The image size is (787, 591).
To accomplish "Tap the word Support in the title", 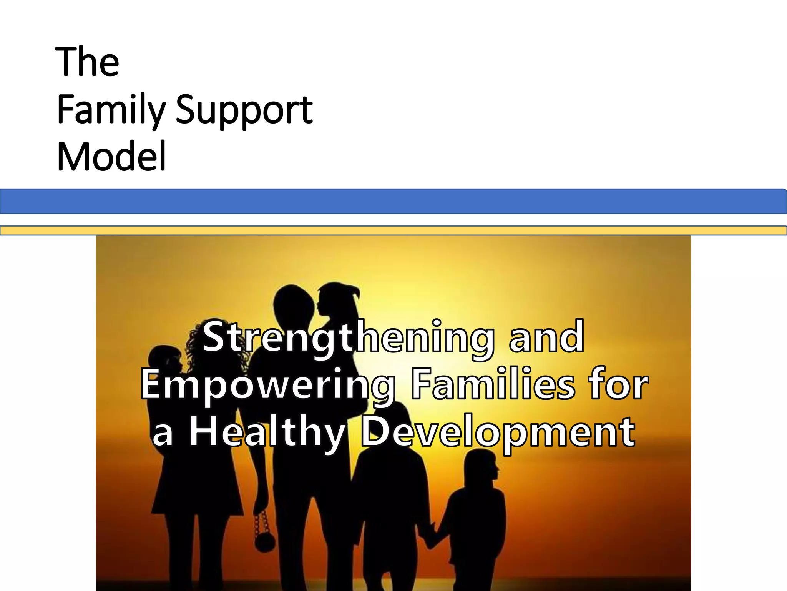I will pos(244,110).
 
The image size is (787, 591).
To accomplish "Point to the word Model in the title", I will pos(111,157).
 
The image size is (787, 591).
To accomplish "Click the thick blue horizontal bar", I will pos(393,201).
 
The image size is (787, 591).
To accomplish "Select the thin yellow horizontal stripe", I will pos(393,230).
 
